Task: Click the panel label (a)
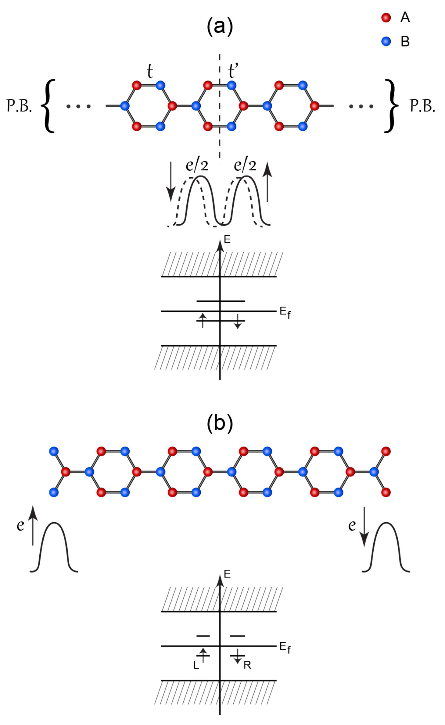(x=220, y=27)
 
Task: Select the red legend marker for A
(x=386, y=18)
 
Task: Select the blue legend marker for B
(x=386, y=41)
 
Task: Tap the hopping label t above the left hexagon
(x=150, y=72)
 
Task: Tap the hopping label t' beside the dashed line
(x=233, y=72)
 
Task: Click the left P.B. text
(x=19, y=106)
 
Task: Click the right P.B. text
(x=422, y=106)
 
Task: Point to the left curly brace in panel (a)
(x=48, y=106)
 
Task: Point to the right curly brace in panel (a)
(x=391, y=106)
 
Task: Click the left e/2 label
(x=197, y=165)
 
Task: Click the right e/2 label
(x=245, y=165)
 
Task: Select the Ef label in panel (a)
(x=285, y=313)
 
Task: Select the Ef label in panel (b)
(x=285, y=647)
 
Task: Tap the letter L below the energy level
(x=196, y=666)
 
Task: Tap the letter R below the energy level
(x=247, y=666)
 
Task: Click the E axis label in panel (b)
(x=227, y=574)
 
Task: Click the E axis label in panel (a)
(x=227, y=240)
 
